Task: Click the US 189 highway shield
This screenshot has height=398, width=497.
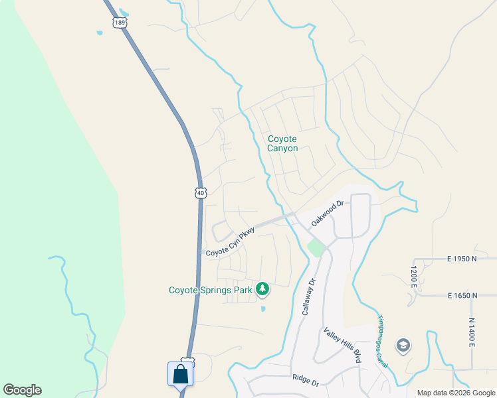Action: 120,22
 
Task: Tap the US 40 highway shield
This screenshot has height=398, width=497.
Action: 201,192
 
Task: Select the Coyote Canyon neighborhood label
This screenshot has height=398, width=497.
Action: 282,144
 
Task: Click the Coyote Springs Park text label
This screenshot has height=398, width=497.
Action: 211,290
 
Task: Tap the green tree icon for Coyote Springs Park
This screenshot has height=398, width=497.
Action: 263,289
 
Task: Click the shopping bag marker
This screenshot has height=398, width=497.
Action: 181,374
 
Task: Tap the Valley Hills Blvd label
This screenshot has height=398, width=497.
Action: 342,345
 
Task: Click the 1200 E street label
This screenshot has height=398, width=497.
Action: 413,277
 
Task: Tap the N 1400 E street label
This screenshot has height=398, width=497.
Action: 472,332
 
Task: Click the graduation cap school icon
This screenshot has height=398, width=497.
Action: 403,346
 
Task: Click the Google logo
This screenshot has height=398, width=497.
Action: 22,390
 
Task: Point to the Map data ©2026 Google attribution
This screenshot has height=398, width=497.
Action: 455,393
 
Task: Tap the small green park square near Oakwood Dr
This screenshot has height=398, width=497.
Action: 316,249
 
